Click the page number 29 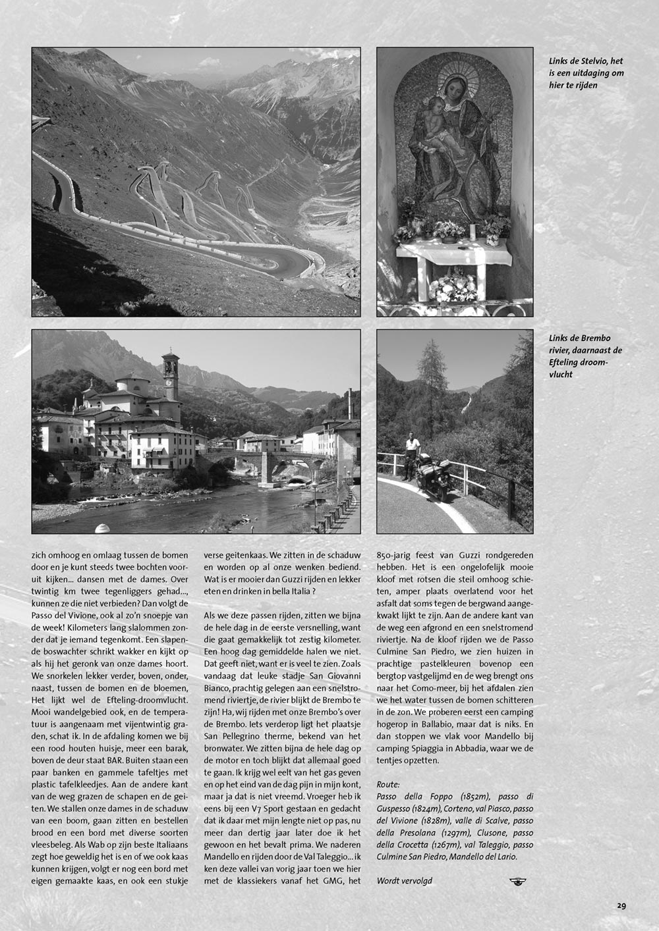pos(621,905)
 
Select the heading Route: pos(388,784)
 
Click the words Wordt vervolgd pos(404,880)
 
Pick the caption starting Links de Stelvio pos(586,72)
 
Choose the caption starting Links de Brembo pos(585,356)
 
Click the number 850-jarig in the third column pos(397,555)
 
